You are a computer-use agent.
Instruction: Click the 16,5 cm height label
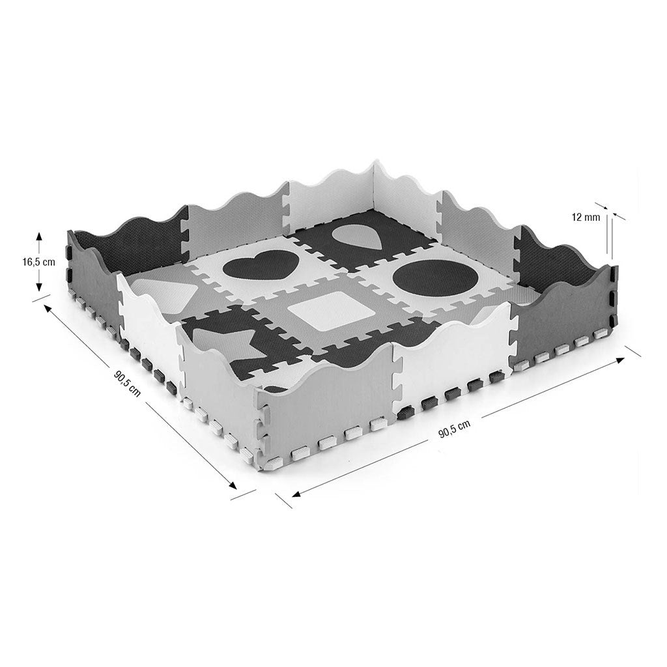[x=38, y=262]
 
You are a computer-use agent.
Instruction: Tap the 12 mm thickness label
[x=586, y=218]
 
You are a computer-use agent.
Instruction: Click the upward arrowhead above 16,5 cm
[x=38, y=236]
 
